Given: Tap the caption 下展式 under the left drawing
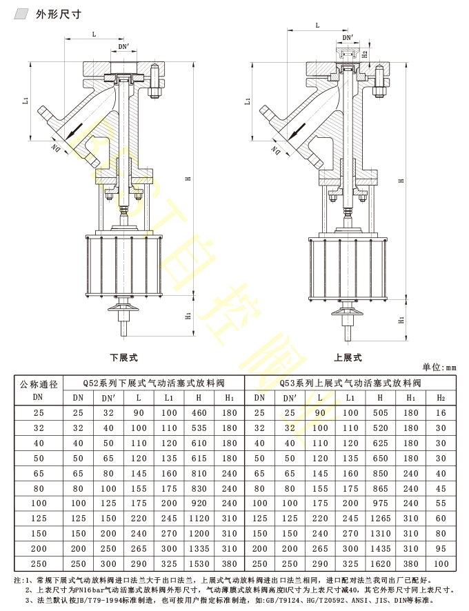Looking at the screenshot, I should pyautogui.click(x=124, y=358).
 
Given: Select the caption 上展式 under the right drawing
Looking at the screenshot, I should pyautogui.click(x=348, y=358).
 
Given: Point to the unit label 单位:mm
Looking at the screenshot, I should pyautogui.click(x=439, y=368).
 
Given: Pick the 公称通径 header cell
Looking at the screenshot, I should pyautogui.click(x=39, y=390).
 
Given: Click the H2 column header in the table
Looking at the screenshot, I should pyautogui.click(x=441, y=398).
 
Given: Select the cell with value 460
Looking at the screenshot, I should pyautogui.click(x=199, y=413).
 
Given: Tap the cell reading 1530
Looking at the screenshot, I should pyautogui.click(x=199, y=564).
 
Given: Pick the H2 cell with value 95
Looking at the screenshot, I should pyautogui.click(x=441, y=549).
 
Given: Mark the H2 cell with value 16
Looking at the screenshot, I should pyautogui.click(x=441, y=413).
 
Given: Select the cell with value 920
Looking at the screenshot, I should pyautogui.click(x=199, y=503).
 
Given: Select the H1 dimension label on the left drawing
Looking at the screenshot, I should pyautogui.click(x=188, y=316).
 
